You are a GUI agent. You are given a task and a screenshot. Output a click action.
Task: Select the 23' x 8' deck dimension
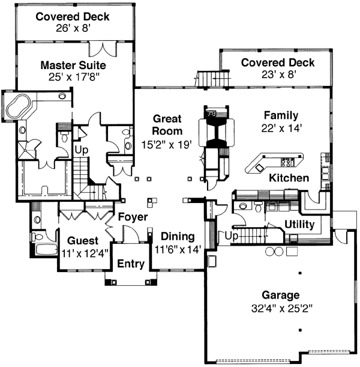[x=277, y=75]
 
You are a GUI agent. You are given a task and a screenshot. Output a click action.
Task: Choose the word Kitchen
[x=289, y=178]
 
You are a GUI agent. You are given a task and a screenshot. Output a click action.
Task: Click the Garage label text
[x=280, y=295]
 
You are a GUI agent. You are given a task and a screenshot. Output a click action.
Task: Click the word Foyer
[x=133, y=217]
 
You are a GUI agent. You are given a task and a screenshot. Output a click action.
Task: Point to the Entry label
[x=130, y=264]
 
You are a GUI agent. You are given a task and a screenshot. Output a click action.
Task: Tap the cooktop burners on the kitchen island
[x=285, y=161]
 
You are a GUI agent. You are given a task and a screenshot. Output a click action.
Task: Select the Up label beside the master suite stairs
[x=79, y=147]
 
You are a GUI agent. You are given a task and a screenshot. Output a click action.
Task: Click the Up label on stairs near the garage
[x=231, y=237]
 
